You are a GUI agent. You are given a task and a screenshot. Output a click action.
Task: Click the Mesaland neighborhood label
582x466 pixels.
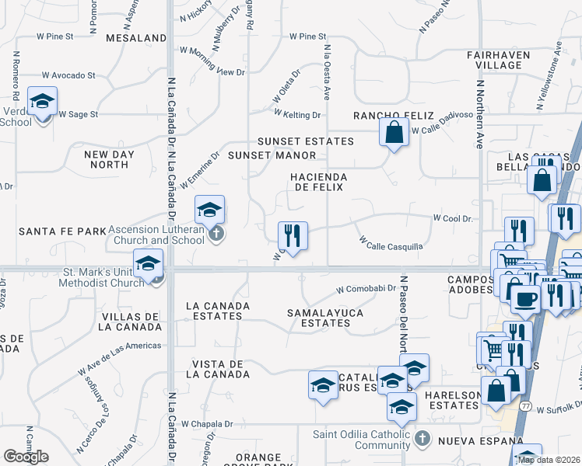pyautogui.click(x=135, y=37)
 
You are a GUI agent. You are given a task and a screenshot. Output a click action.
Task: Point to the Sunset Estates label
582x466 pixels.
pyautogui.click(x=306, y=141)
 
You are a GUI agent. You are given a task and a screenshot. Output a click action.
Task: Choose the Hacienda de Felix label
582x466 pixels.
pyautogui.click(x=317, y=183)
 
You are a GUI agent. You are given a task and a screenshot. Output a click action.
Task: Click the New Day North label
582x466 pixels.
pyautogui.click(x=109, y=159)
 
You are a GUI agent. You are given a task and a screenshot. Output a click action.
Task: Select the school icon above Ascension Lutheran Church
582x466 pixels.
pyautogui.click(x=209, y=210)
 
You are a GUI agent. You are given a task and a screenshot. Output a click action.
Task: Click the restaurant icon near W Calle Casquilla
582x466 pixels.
pyautogui.click(x=293, y=234)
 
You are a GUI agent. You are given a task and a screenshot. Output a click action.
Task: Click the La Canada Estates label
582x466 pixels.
pyautogui.click(x=218, y=311)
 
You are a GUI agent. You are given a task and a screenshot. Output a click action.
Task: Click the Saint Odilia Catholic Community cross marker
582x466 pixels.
pyautogui.click(x=422, y=440)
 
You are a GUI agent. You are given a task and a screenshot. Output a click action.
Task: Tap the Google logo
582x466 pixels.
pyautogui.click(x=26, y=457)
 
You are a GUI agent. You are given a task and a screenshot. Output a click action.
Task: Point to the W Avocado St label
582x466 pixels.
pyautogui.click(x=68, y=75)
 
